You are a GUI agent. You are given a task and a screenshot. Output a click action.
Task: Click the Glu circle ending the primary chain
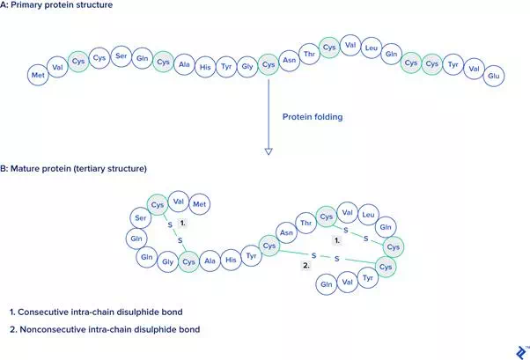click(x=494, y=76)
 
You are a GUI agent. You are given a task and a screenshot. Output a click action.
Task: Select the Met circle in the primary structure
click(x=38, y=75)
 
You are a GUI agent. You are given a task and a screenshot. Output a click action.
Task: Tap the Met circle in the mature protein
click(x=200, y=204)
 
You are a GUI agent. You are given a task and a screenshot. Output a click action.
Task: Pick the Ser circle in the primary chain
click(x=121, y=56)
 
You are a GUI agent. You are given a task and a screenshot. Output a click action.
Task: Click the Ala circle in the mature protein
click(x=210, y=261)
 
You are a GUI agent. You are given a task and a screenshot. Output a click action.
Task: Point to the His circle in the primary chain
click(x=205, y=67)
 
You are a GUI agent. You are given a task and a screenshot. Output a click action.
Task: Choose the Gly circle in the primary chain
click(x=247, y=67)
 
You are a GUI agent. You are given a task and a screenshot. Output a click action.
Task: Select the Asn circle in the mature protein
click(x=286, y=232)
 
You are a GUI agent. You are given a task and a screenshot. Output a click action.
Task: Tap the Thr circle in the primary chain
click(x=309, y=54)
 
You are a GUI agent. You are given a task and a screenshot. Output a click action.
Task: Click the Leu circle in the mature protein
click(x=368, y=215)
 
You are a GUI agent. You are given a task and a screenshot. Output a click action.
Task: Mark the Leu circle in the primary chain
click(x=372, y=48)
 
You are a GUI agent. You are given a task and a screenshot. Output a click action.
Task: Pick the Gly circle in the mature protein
click(x=167, y=261)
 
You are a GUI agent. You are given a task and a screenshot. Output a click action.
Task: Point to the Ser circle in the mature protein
click(x=141, y=218)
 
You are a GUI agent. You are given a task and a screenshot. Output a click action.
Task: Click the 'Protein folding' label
click(x=313, y=117)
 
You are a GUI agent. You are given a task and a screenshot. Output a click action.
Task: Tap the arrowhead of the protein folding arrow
click(x=269, y=151)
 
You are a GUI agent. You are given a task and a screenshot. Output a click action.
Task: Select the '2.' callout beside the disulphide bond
click(x=306, y=265)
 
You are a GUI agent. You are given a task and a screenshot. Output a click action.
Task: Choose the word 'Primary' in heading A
click(x=26, y=5)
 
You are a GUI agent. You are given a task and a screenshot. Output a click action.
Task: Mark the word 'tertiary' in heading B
click(x=89, y=169)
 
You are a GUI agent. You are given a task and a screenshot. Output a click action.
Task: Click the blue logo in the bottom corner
click(x=522, y=353)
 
